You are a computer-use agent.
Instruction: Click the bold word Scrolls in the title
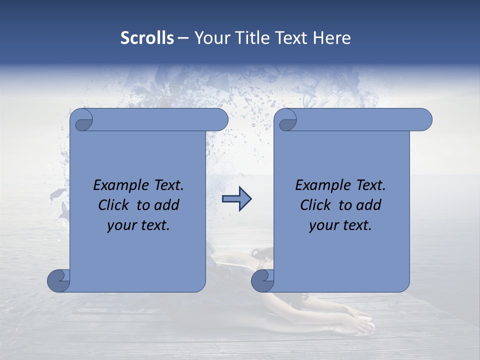point(147,38)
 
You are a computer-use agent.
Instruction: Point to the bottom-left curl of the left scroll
point(58,280)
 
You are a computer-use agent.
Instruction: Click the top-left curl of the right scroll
point(287,120)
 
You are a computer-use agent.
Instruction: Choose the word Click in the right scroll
point(315,205)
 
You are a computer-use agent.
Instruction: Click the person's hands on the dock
point(361,320)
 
